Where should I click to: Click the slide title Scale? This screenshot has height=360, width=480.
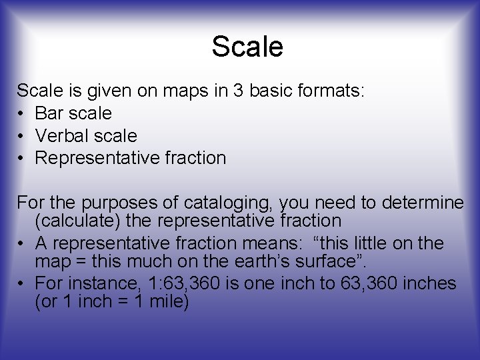(247, 47)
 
